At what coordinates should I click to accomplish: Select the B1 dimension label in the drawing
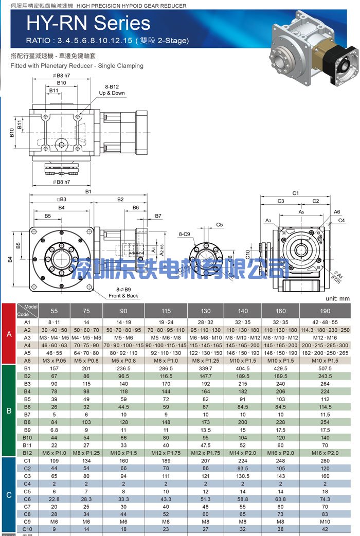88,191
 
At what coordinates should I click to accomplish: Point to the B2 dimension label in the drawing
120,199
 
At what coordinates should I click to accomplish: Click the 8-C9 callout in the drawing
184,235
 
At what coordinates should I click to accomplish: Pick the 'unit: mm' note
337,298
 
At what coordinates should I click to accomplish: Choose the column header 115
166,311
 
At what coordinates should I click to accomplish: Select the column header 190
325,311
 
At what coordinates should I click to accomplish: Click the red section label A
9,334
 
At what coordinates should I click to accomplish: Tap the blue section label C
9,495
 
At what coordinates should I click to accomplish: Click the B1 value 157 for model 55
54,369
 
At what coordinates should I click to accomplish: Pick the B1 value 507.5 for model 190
325,369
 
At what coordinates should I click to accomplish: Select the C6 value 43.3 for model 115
166,499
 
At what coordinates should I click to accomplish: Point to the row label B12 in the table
27,453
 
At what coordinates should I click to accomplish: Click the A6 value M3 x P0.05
54,361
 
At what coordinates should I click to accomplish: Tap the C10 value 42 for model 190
325,529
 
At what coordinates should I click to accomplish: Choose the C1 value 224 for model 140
243,461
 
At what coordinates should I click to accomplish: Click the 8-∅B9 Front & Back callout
123,293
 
